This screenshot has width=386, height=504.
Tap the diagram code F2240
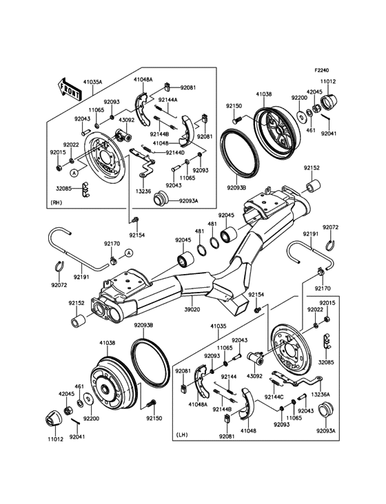pyautogui.click(x=323, y=70)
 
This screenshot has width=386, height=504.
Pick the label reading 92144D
pyautogui.click(x=175, y=152)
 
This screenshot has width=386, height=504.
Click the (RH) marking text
pyautogui.click(x=58, y=202)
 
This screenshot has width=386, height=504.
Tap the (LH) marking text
pyautogui.click(x=183, y=434)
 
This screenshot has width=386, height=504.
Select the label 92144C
pyautogui.click(x=278, y=397)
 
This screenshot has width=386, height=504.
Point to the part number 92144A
pyautogui.click(x=167, y=101)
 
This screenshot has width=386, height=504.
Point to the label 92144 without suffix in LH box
pyautogui.click(x=229, y=377)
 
